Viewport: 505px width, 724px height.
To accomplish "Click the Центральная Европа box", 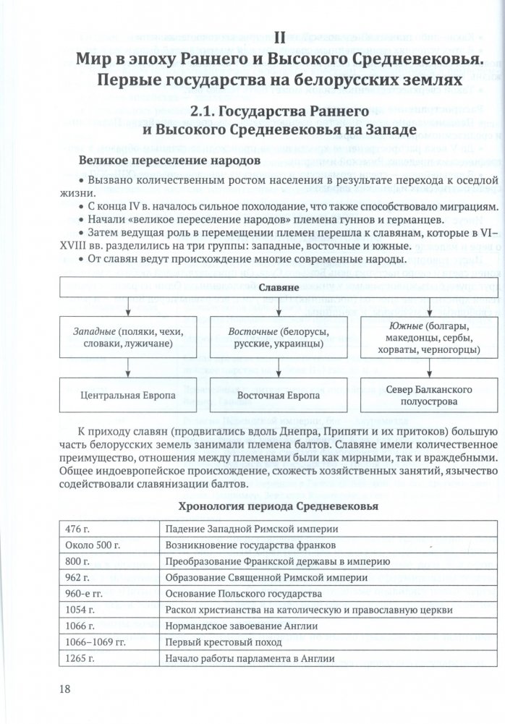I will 128,396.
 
